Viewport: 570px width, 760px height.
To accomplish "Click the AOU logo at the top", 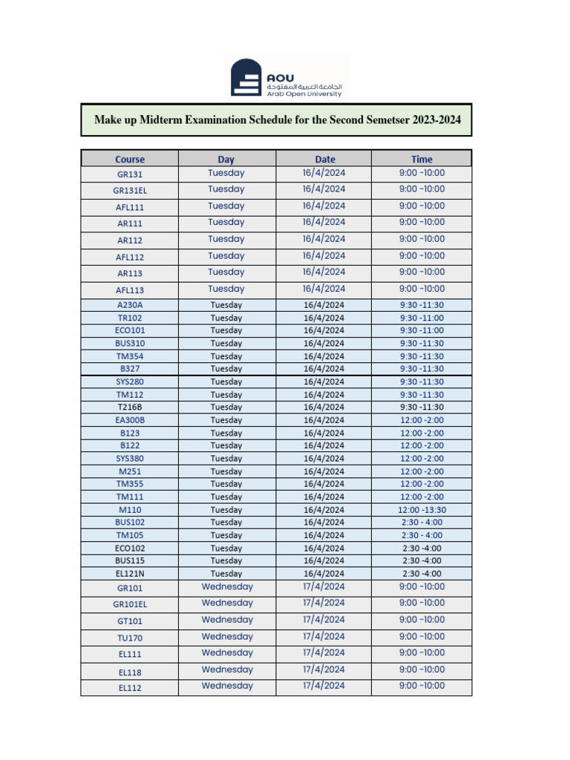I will tap(286, 78).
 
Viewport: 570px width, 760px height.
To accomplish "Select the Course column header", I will tap(130, 159).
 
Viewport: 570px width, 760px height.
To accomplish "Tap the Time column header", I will tap(422, 159).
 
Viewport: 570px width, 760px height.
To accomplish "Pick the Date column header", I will tap(324, 159).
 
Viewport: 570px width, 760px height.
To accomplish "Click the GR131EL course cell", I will tap(130, 190).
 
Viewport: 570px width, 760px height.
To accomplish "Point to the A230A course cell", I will tap(130, 305).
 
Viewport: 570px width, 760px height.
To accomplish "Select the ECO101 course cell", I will tap(130, 330).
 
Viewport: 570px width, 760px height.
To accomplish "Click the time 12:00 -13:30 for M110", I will tap(422, 510).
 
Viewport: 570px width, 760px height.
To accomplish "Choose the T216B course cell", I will tap(130, 407).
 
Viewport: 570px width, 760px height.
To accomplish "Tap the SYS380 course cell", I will tap(130, 459).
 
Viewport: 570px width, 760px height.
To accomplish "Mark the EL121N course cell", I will tap(130, 574).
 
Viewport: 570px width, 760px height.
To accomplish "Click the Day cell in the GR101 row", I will tap(227, 587).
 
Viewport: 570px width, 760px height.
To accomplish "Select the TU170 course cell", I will tap(130, 638).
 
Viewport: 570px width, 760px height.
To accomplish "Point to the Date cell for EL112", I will tap(324, 687).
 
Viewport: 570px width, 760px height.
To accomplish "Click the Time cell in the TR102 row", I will tap(422, 318).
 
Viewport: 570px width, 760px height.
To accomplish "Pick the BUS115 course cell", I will tap(130, 561).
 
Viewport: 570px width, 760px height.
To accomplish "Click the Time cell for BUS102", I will tap(422, 522).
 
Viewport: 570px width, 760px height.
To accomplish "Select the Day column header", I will tap(226, 159).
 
